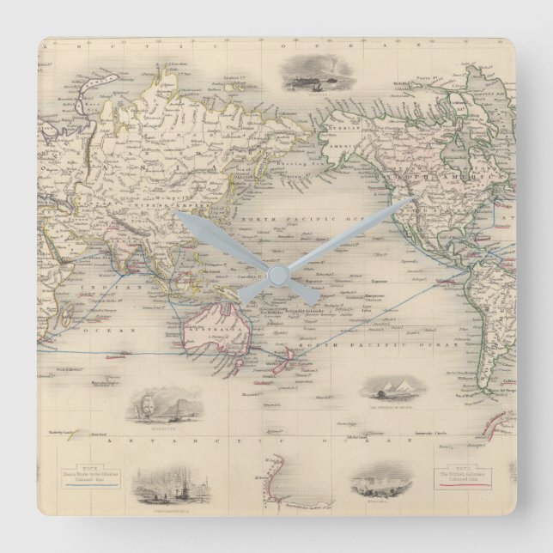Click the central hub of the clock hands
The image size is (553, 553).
coord(276,276)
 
